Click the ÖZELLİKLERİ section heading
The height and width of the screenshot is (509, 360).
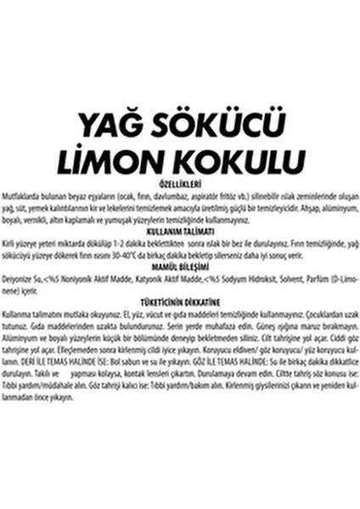click(x=179, y=182)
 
